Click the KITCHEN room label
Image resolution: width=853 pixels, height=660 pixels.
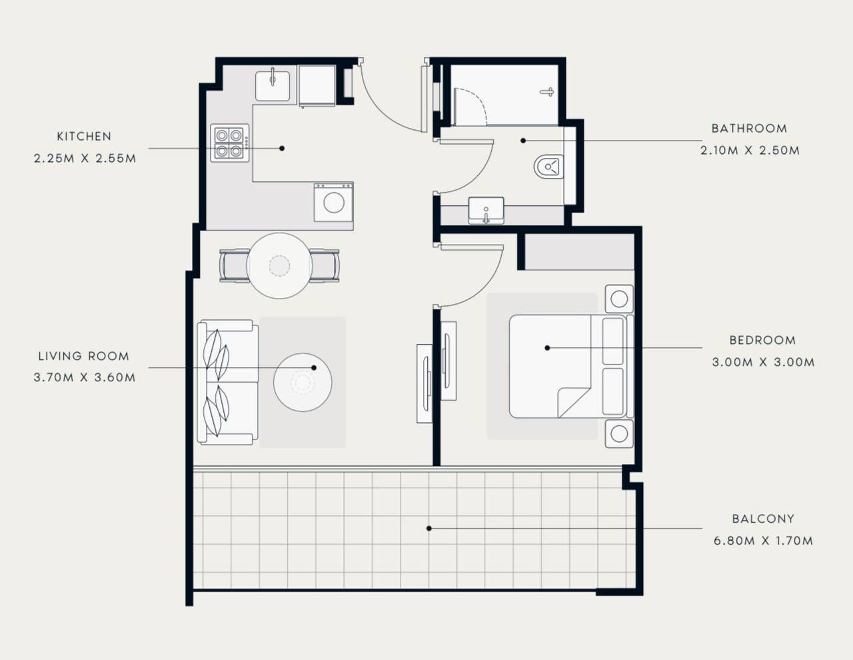(x=84, y=137)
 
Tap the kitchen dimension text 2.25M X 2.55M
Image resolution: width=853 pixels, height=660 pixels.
(x=85, y=159)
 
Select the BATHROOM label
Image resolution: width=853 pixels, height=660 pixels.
(x=749, y=129)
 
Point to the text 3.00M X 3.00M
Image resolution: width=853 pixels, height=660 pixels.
(x=763, y=362)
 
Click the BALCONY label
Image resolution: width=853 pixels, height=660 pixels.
(x=763, y=519)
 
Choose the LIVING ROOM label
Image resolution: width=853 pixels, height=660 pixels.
(x=84, y=356)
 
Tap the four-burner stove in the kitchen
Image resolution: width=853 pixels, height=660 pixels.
(x=230, y=143)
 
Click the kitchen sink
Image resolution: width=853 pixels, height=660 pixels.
(x=273, y=85)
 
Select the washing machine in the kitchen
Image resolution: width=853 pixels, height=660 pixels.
(x=334, y=203)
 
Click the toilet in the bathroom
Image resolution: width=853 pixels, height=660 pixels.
(x=548, y=167)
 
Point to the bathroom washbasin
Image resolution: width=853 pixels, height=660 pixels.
(x=486, y=211)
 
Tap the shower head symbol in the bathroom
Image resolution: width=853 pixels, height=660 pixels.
(x=547, y=92)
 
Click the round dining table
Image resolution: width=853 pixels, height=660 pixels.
(x=279, y=266)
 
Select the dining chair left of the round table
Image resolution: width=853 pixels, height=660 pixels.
(x=233, y=265)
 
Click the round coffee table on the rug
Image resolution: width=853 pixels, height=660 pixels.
(x=303, y=383)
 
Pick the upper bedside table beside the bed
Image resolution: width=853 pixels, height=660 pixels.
(x=619, y=299)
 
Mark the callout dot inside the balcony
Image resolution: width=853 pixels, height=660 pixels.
(x=429, y=529)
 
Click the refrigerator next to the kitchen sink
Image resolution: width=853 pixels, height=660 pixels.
(x=317, y=85)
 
